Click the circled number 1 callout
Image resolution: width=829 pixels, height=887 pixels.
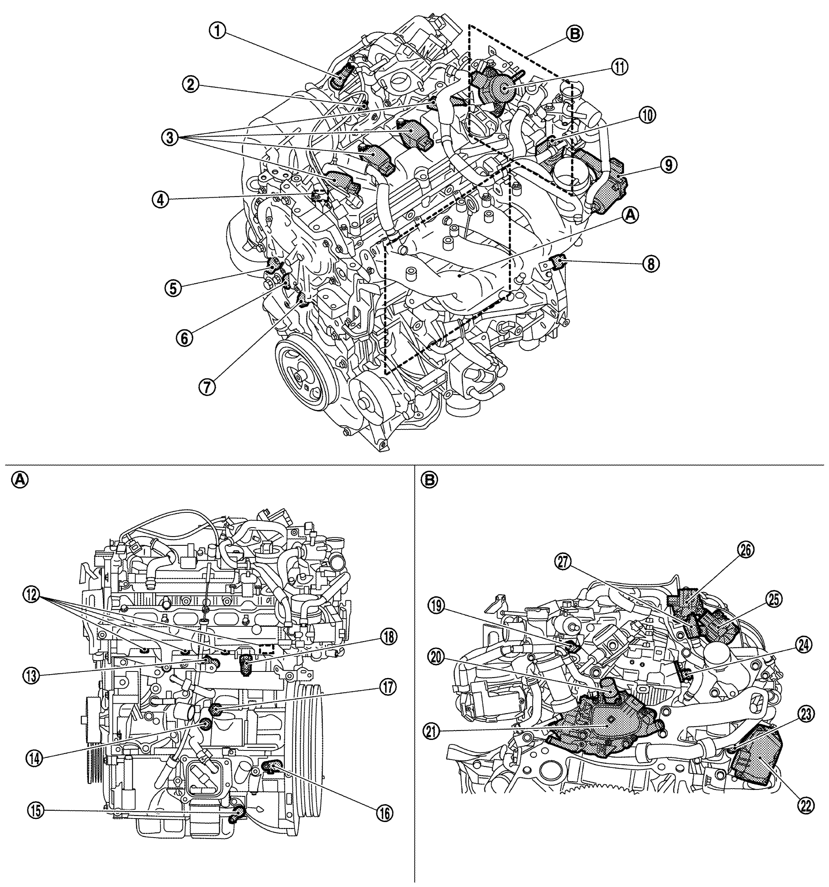218,31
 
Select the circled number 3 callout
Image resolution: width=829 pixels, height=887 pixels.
170,137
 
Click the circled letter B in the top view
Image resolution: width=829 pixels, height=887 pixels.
574,33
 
